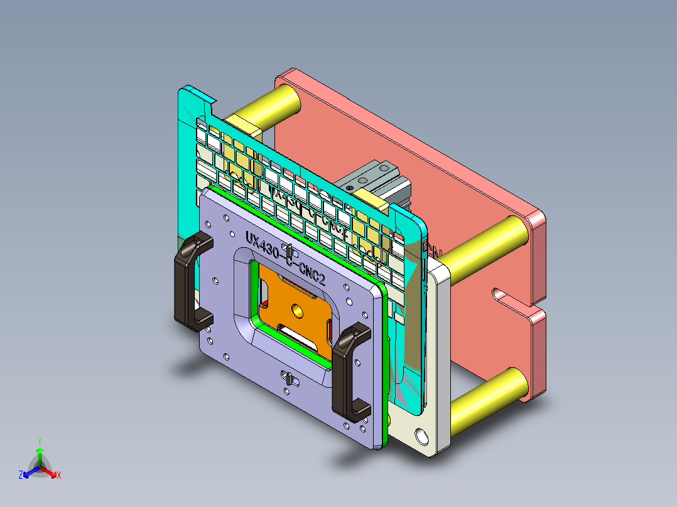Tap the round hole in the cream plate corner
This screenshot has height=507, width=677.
(420, 435)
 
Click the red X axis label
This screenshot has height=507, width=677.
(58, 476)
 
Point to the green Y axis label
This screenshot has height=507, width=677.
(39, 441)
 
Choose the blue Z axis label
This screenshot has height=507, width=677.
(21, 476)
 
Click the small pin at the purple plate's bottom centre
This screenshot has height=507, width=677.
(288, 378)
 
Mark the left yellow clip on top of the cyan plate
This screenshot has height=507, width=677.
(242, 124)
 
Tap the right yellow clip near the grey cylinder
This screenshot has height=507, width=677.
(375, 201)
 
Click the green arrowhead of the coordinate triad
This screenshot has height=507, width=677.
(39, 451)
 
